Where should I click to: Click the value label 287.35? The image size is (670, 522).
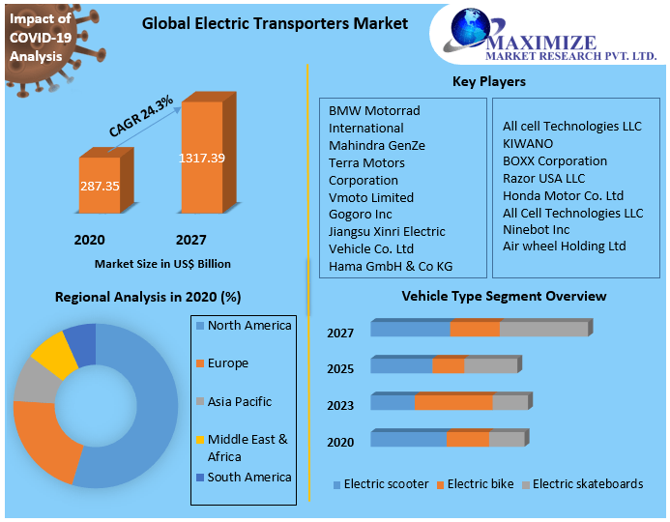(x=101, y=185)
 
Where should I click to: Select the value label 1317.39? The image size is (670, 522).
(x=201, y=158)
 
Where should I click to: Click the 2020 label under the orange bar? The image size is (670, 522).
(x=89, y=240)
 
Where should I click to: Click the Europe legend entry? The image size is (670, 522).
(x=227, y=363)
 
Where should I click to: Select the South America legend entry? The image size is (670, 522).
(x=248, y=477)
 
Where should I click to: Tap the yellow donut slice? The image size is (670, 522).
(x=54, y=356)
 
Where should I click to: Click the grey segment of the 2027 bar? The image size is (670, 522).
(x=543, y=329)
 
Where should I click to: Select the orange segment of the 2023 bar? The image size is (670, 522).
(x=453, y=402)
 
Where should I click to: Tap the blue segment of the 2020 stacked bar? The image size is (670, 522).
(x=408, y=439)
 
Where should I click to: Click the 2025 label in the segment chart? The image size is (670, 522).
(x=340, y=369)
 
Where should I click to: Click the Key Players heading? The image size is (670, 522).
(x=489, y=81)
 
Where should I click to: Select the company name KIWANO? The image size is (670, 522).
(x=528, y=143)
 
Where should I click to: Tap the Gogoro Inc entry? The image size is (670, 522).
(x=361, y=214)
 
